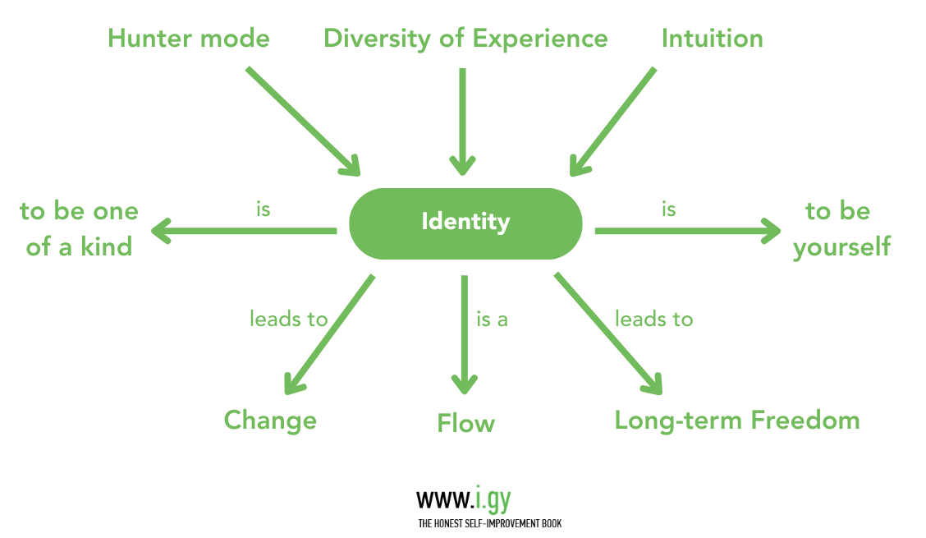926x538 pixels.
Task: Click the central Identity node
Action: [x=465, y=223]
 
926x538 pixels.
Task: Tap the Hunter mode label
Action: [x=189, y=39]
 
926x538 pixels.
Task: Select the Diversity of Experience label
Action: [x=465, y=39]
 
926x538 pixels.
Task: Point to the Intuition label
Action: [x=712, y=39]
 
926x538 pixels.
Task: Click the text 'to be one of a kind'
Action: [x=79, y=229]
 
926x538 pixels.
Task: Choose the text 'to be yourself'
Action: [x=841, y=229]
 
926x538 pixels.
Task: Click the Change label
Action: [x=270, y=421]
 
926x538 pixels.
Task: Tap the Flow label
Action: [x=465, y=424]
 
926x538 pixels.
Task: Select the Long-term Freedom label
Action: [x=737, y=421]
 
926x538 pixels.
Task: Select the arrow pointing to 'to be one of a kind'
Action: [x=245, y=231]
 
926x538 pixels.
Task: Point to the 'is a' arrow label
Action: [x=492, y=319]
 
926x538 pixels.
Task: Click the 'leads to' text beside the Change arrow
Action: [x=288, y=319]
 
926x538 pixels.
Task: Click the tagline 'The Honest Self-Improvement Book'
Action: [x=489, y=523]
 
